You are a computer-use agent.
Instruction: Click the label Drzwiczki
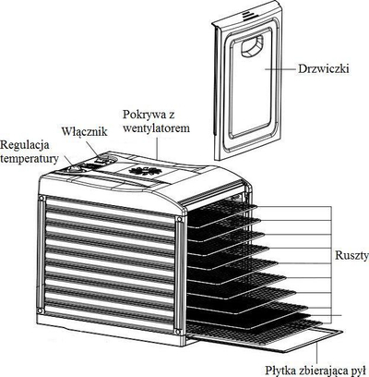[323, 68]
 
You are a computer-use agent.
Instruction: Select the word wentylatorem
[156, 128]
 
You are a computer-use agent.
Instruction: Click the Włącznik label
[84, 131]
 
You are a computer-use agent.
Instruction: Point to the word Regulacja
[25, 145]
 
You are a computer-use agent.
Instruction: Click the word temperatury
[30, 159]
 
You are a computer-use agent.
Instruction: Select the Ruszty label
[351, 256]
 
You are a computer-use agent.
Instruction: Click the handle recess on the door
[252, 46]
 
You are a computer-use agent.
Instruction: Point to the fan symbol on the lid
[142, 170]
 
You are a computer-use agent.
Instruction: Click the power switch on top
[104, 160]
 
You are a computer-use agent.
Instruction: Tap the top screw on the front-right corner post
[179, 219]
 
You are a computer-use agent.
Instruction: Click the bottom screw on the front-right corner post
[177, 331]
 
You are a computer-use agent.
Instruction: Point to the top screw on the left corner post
[41, 199]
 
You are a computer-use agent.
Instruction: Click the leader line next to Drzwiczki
[280, 69]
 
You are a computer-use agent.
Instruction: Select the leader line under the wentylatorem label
[158, 147]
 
